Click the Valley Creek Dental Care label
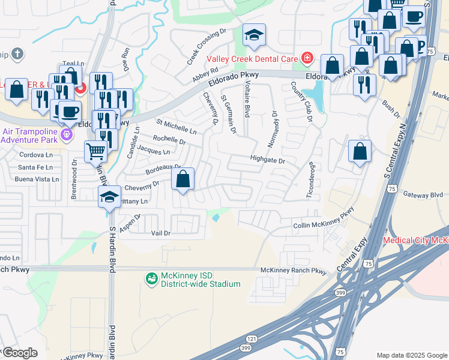253,59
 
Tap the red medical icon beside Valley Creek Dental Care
307,58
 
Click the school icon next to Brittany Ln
109,197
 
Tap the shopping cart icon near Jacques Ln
95,151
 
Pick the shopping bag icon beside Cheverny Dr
183,179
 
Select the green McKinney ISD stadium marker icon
151,279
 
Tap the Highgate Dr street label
267,160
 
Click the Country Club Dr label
303,103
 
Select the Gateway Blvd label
423,194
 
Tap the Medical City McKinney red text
416,241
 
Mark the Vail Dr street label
160,233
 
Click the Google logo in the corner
20,353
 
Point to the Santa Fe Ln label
35,167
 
